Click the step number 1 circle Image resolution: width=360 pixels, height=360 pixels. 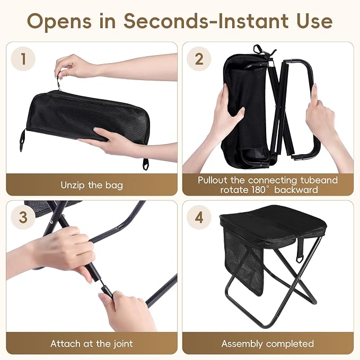(23, 59)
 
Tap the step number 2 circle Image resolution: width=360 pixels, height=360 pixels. (199, 59)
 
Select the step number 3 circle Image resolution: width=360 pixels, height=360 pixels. (23, 217)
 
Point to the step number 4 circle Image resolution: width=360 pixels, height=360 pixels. (199, 217)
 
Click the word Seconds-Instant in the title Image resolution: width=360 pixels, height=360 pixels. (206, 21)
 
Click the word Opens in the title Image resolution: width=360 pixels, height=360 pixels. (59, 22)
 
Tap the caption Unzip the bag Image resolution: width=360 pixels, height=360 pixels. (92, 185)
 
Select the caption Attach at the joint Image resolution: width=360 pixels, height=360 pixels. (92, 344)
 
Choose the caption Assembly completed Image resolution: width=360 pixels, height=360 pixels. (268, 344)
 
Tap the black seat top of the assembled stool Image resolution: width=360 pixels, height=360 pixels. (270, 222)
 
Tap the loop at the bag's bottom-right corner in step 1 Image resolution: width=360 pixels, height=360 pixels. (146, 164)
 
